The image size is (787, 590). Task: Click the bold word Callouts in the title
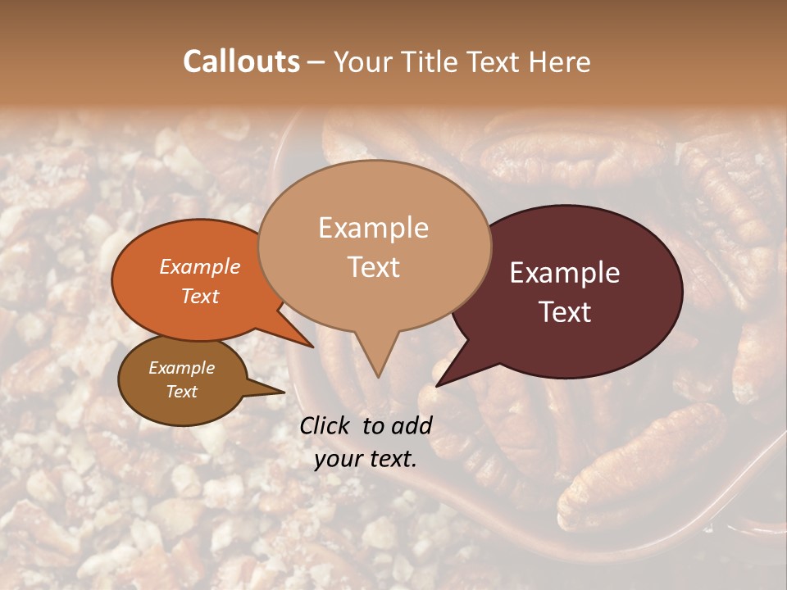(x=241, y=61)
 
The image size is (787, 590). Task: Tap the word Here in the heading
(x=558, y=61)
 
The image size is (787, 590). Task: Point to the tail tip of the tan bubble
(x=377, y=377)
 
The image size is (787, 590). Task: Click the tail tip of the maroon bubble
(x=437, y=385)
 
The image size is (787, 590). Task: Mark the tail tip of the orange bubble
(x=312, y=347)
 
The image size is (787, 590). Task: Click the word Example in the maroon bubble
(x=565, y=273)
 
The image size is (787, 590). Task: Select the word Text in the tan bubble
(x=374, y=267)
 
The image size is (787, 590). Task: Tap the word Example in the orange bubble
(x=200, y=266)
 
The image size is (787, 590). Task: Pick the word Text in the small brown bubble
(x=182, y=392)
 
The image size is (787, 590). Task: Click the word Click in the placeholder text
(x=325, y=425)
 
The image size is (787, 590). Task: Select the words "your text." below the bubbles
(x=366, y=459)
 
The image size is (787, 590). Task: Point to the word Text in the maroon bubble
(x=566, y=312)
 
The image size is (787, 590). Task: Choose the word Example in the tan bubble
(x=374, y=228)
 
